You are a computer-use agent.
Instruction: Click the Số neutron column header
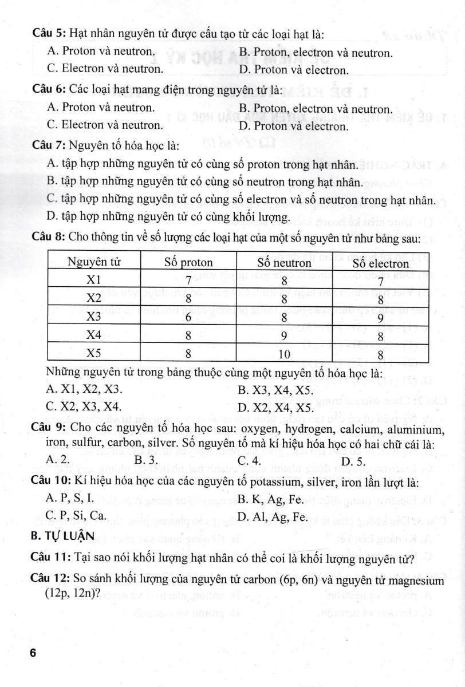click(x=284, y=263)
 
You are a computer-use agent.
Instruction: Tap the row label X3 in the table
click(x=93, y=317)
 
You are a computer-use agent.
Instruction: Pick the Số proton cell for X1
click(x=188, y=281)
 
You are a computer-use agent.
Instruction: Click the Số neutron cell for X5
click(x=284, y=354)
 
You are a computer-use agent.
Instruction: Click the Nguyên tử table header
click(x=93, y=263)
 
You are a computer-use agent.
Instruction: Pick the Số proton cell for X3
click(x=188, y=317)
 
